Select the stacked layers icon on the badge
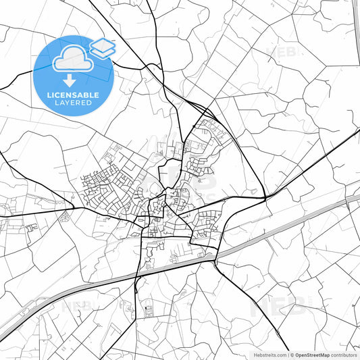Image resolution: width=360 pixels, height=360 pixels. click(x=103, y=48)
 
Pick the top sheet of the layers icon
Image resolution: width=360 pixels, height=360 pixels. click(x=103, y=43)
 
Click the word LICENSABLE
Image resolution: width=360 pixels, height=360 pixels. click(x=74, y=95)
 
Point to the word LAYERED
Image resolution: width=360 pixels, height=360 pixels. click(x=74, y=103)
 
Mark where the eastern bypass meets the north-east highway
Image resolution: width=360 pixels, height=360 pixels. click(x=265, y=197)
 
